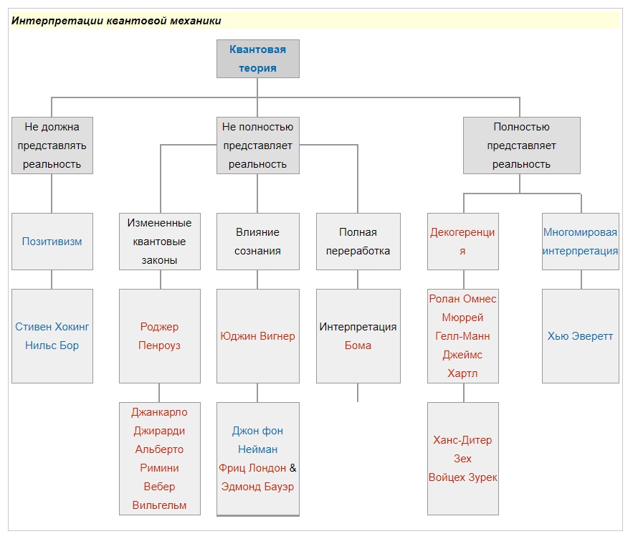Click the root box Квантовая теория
point(258,59)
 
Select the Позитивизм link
point(52,242)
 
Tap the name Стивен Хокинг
point(52,327)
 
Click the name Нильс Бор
point(52,345)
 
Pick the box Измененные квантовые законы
point(160,242)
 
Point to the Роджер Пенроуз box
point(160,336)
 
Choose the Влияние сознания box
point(258,242)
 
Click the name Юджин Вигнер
point(257,336)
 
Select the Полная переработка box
point(358,242)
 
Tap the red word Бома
point(358,345)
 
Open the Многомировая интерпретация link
point(580,242)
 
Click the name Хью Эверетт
point(580,336)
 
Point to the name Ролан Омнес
point(462,299)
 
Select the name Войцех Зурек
point(462,477)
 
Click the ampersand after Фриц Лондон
point(292,468)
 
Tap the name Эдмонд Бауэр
point(257,487)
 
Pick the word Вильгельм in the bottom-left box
point(159,505)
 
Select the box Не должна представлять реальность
point(52,146)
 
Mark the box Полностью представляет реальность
point(522,146)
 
